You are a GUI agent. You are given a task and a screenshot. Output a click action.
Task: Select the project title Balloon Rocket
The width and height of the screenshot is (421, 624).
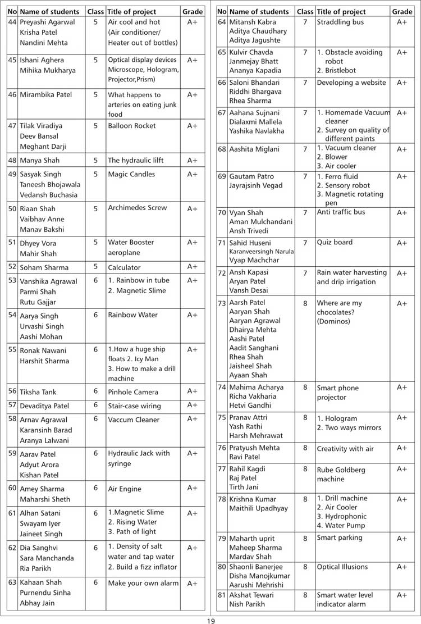pyautogui.click(x=132, y=126)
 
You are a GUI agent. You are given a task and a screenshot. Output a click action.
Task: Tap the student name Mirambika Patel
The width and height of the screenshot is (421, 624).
pyautogui.click(x=46, y=95)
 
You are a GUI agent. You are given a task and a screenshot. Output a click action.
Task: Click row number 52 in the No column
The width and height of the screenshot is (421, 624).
pyautogui.click(x=12, y=267)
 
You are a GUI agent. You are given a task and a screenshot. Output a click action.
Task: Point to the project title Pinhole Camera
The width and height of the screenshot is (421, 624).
pyautogui.click(x=133, y=392)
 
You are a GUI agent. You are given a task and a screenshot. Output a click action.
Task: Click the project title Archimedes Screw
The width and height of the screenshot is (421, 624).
pyautogui.click(x=137, y=208)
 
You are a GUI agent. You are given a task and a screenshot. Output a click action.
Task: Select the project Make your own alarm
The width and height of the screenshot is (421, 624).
pyautogui.click(x=143, y=583)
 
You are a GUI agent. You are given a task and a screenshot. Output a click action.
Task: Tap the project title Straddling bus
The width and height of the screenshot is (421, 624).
pyautogui.click(x=340, y=22)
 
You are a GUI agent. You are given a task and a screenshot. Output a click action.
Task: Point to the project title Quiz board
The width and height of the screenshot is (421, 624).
pyautogui.click(x=335, y=243)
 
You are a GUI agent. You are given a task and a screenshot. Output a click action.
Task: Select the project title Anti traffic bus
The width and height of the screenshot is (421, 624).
pyautogui.click(x=341, y=212)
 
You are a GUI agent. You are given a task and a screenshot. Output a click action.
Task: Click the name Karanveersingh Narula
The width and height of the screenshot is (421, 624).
pyautogui.click(x=261, y=252)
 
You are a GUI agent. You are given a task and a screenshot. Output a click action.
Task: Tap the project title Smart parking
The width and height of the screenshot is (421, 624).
pyautogui.click(x=340, y=538)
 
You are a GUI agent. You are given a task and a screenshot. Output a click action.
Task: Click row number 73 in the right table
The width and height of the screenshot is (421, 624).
pyautogui.click(x=222, y=303)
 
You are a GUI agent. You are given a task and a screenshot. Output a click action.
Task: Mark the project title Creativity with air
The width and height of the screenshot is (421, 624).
pyautogui.click(x=345, y=449)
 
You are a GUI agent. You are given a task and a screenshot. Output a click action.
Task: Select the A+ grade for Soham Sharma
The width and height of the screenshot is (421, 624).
pyautogui.click(x=193, y=267)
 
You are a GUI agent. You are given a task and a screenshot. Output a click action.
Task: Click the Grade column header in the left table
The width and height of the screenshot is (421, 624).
pyautogui.click(x=193, y=11)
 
